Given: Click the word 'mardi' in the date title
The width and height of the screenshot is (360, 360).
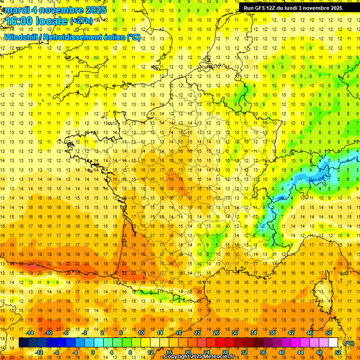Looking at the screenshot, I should (x=16, y=10).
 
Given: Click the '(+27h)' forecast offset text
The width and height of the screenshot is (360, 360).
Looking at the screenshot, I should (x=81, y=21).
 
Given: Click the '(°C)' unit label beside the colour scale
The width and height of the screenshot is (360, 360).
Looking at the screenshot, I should (x=349, y=343).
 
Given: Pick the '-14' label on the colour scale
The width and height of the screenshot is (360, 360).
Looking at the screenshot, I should (x=30, y=333).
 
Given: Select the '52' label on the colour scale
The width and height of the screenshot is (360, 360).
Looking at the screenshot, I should (x=338, y=352).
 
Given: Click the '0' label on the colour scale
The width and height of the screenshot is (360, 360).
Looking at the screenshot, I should (x=92, y=352).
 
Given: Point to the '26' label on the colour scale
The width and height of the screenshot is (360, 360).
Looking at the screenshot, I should (x=216, y=333).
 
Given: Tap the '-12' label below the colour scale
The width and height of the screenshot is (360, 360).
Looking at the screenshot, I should (x=39, y=352).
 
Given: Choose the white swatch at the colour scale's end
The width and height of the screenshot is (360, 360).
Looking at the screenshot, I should (x=333, y=343).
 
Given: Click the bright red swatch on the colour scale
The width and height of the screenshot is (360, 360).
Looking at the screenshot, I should (x=220, y=343).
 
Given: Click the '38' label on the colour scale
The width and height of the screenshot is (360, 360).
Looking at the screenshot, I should (x=272, y=333).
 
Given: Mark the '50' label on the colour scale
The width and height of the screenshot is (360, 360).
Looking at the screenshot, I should (x=329, y=333).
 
